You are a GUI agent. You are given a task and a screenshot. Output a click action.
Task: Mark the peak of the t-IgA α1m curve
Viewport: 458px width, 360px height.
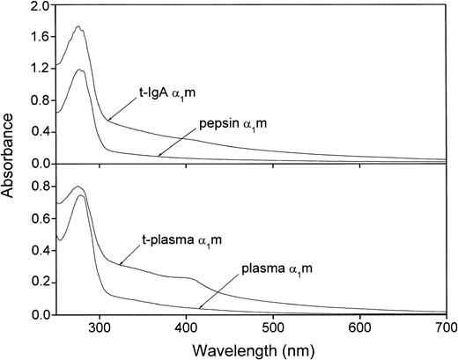coord(78,27)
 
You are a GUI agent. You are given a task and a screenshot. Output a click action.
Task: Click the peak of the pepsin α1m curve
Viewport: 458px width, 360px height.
coord(80,70)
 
